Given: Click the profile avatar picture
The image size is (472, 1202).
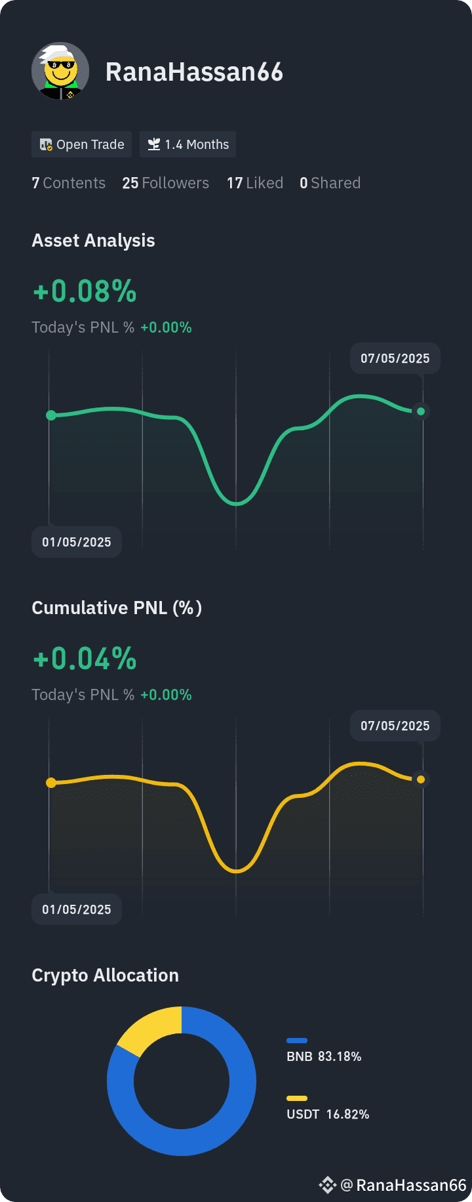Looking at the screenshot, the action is tap(60, 71).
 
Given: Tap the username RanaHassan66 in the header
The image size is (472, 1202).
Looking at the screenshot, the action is tap(194, 72).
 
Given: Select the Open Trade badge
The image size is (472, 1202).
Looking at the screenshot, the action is tap(81, 144).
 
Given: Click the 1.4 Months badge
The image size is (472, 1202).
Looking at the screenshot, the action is tap(187, 144).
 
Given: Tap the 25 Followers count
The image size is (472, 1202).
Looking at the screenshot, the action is tap(165, 183).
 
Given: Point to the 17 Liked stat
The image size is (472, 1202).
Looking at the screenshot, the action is tap(255, 183).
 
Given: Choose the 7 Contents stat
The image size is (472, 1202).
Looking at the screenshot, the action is tap(68, 183).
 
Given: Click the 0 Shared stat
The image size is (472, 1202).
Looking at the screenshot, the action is tap(330, 183).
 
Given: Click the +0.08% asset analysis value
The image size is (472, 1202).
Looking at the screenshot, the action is tap(85, 291).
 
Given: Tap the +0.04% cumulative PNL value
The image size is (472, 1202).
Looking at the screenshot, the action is tap(85, 659).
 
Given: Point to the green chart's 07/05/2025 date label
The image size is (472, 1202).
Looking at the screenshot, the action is tap(395, 358).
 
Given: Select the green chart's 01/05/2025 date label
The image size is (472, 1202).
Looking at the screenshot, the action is tap(77, 542).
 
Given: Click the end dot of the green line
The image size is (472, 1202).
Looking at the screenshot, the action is tap(421, 411).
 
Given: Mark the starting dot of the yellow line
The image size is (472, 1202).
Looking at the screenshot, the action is tap(51, 783).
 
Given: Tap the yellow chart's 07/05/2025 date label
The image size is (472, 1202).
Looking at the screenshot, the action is tap(395, 726).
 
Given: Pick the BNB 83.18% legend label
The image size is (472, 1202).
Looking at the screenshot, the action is tap(324, 1056).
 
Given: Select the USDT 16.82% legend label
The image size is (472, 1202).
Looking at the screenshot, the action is tap(328, 1114).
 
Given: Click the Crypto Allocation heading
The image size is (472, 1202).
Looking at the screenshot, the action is tap(105, 976).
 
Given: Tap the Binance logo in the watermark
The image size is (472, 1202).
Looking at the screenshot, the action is tap(327, 1185).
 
